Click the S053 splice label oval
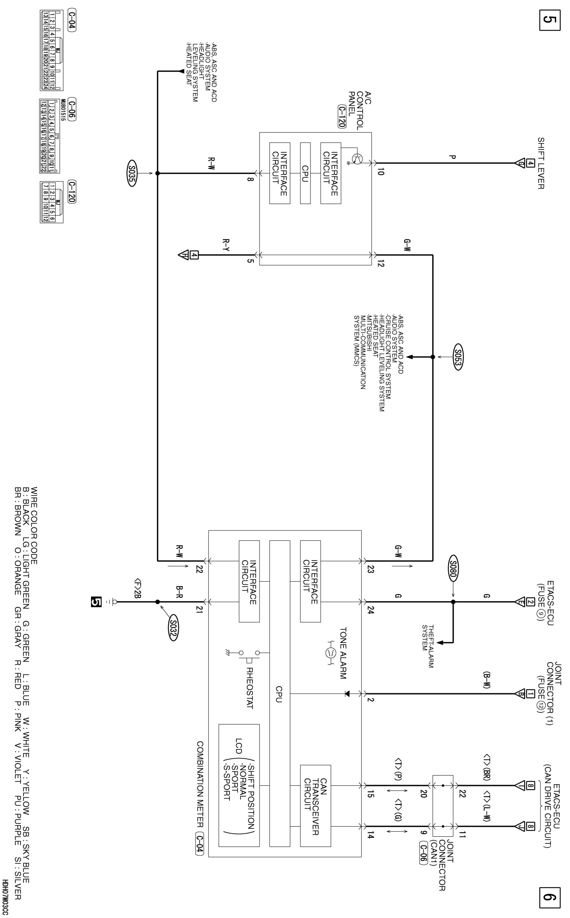coord(458,356)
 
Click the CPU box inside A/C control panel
coord(305,173)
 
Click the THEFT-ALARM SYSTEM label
coord(427,647)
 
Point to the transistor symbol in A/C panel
coord(357,159)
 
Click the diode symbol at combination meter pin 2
coord(347,694)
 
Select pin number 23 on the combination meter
coord(370,569)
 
